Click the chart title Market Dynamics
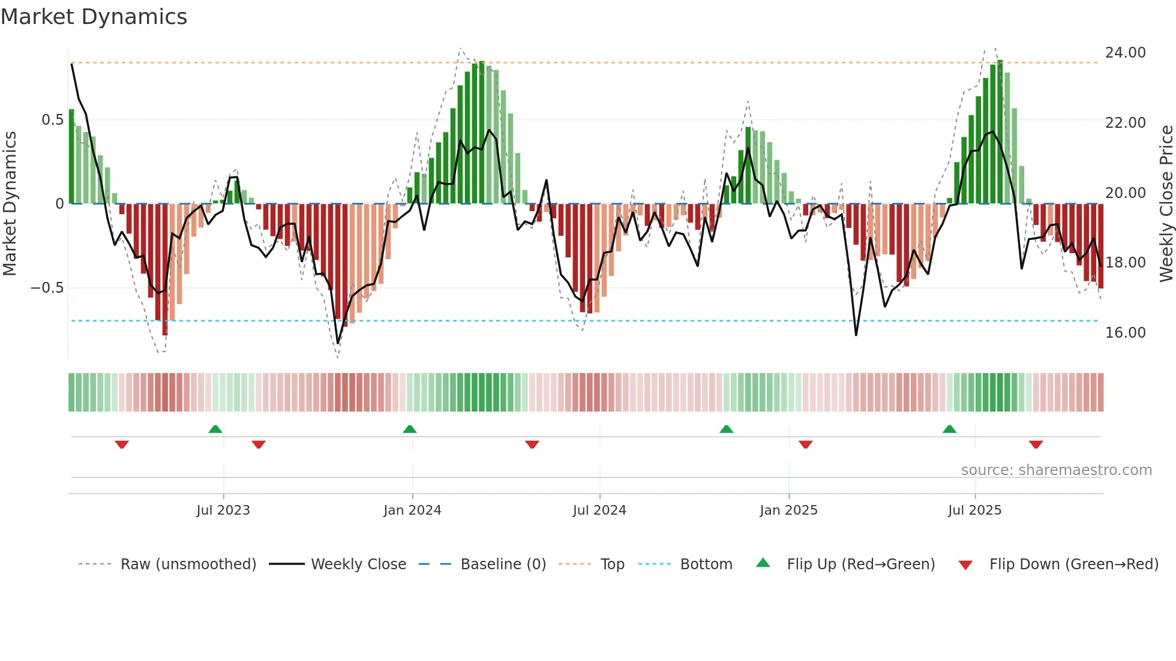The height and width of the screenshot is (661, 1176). tap(94, 17)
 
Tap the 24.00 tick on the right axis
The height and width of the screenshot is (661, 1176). tap(1125, 53)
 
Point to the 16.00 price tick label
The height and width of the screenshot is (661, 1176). tap(1125, 333)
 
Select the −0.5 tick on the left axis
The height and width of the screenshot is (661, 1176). tap(47, 288)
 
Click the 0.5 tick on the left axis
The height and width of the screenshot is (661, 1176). tap(52, 120)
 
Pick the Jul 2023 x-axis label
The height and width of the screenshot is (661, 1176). tap(223, 510)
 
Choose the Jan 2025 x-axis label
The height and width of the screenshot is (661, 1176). tap(788, 510)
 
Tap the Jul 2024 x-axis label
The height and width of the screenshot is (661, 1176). tap(599, 510)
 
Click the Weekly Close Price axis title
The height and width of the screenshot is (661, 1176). tap(1166, 203)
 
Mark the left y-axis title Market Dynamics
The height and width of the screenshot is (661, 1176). tap(10, 203)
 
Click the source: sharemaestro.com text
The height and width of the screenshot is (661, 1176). tap(1056, 470)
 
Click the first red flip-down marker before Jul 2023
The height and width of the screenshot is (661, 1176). tap(122, 444)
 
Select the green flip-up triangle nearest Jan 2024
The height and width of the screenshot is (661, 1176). tap(410, 429)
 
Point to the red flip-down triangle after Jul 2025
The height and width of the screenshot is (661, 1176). tap(1036, 444)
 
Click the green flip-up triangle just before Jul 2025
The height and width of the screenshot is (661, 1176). tap(949, 429)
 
